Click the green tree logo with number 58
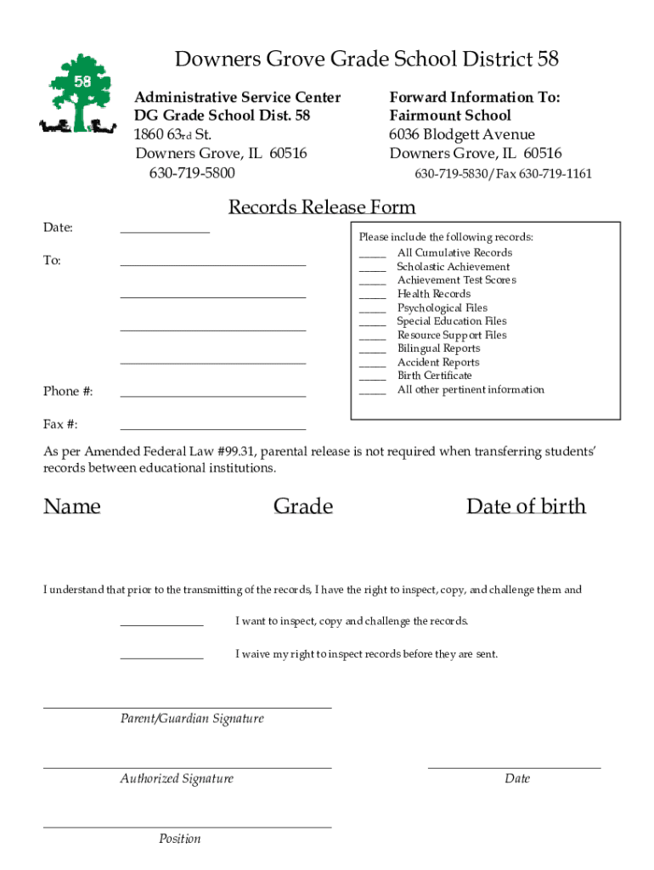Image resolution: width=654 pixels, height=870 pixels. pos(78,95)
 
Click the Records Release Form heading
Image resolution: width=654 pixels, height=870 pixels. pos(322,207)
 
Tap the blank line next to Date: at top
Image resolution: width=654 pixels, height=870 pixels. pos(165,230)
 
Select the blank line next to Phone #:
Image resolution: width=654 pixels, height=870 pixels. pos(212,395)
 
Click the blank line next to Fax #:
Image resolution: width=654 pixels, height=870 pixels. pos(212,428)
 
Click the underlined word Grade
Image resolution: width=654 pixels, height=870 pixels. pos(303,506)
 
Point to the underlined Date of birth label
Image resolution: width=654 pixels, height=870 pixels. pos(526,506)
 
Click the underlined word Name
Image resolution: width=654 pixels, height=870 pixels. pos(72,506)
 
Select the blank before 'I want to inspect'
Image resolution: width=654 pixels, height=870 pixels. pos(161,624)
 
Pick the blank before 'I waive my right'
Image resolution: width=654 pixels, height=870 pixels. pos(161,658)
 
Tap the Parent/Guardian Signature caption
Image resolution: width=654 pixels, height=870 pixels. pos(192,719)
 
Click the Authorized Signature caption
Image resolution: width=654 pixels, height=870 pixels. pos(177,779)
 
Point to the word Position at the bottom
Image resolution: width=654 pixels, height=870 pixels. pos(180,839)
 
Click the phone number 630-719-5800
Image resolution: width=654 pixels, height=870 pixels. pos(193,173)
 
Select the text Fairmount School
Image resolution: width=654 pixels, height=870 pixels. pos(450,116)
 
